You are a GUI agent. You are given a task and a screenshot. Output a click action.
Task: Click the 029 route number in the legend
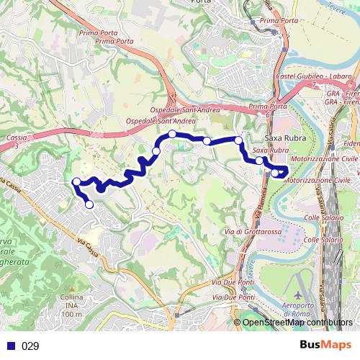pos(30,346)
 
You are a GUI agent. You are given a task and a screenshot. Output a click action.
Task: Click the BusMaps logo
pos(325,346)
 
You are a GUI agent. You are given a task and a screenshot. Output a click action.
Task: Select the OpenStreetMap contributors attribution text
pos(297,323)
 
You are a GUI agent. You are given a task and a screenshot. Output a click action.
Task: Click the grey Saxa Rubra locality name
pos(277,137)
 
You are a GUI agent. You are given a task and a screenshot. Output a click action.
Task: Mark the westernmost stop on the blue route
pos(76,181)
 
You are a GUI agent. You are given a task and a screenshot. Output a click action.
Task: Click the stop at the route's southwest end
pos(89,204)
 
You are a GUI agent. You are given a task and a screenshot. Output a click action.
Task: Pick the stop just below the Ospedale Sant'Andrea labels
pos(173,134)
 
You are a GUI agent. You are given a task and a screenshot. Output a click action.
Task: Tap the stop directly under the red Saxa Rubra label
pos(259,161)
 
